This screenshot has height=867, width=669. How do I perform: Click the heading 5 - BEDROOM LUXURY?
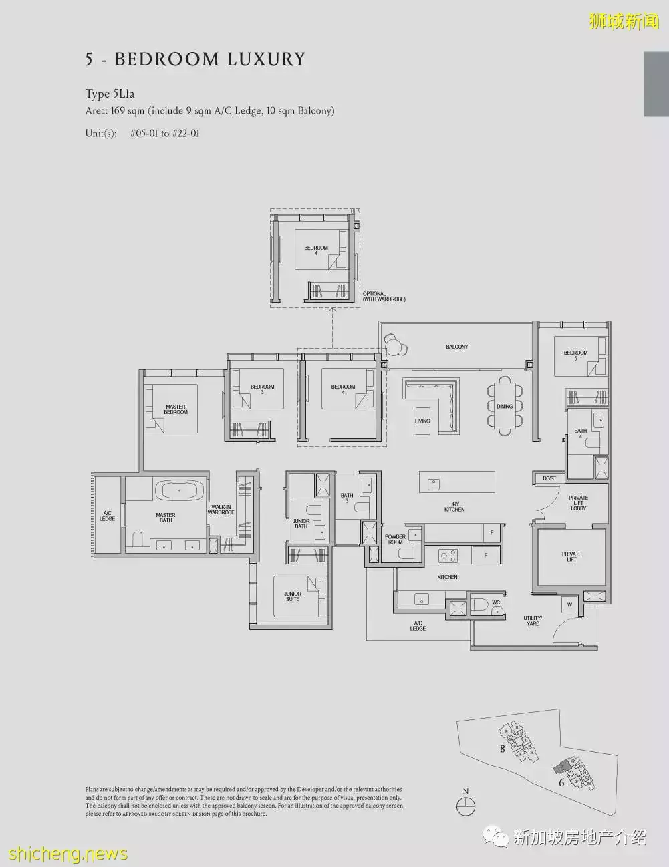coord(194,59)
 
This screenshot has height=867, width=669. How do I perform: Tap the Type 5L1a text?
coord(110,94)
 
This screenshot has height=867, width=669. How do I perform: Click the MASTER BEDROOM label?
coord(176,409)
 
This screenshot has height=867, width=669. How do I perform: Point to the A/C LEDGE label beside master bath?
coord(107,516)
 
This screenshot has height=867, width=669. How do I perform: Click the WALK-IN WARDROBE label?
coord(221,510)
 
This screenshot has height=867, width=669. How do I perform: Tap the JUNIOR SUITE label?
coord(293,596)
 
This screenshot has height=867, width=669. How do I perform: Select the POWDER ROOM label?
coord(395,539)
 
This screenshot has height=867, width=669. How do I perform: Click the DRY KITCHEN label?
coord(454,507)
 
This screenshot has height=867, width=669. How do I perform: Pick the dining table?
coord(505,406)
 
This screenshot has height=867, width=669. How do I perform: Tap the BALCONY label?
coord(457,347)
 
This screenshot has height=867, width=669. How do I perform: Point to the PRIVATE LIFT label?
coord(571,556)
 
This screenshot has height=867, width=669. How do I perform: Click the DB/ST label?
coord(549,478)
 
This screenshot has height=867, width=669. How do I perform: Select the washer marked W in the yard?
coord(569,605)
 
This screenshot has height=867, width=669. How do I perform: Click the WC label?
coord(496,602)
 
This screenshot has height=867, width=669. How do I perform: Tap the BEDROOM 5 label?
coord(575,355)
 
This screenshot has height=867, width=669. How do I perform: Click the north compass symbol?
coord(466,806)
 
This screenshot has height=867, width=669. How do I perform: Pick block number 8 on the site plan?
coord(503,749)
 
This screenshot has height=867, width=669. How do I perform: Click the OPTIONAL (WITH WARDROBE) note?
coord(384,297)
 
